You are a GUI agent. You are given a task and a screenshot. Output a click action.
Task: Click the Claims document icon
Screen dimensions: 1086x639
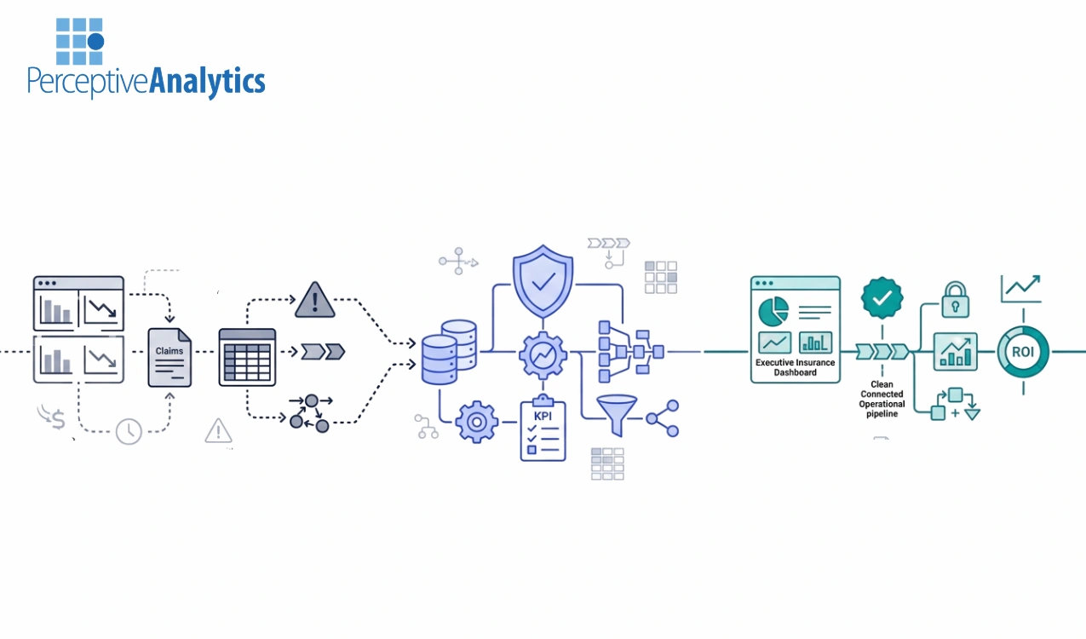click(x=170, y=357)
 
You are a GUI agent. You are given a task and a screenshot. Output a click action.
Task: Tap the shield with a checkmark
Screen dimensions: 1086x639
click(x=543, y=281)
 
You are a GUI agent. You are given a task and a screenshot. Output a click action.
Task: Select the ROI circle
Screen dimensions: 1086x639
click(x=1023, y=352)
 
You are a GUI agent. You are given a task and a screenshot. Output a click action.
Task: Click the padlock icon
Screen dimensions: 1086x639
click(x=955, y=300)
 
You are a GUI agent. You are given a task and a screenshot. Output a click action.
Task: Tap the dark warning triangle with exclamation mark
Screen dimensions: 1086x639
click(x=315, y=300)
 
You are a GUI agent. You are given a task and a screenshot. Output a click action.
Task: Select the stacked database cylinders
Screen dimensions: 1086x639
click(x=449, y=352)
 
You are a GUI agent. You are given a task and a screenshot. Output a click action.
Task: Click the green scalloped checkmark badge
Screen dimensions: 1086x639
click(x=882, y=297)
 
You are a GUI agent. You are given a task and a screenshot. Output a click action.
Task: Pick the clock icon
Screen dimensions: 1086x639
click(x=129, y=431)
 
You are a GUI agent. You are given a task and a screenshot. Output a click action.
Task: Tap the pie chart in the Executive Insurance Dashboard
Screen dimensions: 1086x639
click(x=773, y=311)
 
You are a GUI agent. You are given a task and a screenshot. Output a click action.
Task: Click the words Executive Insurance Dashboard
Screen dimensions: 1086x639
click(x=795, y=367)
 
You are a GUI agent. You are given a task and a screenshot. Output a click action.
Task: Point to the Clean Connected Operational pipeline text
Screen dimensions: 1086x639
click(x=882, y=399)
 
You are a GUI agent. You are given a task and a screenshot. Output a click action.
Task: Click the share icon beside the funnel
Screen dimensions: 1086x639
click(x=663, y=418)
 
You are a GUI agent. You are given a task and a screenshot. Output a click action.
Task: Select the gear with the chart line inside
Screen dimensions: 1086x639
click(x=543, y=355)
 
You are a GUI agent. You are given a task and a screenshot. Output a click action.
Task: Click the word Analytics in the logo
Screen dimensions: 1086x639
click(x=207, y=82)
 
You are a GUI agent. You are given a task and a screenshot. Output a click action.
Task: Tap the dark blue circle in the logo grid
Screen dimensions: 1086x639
click(x=95, y=42)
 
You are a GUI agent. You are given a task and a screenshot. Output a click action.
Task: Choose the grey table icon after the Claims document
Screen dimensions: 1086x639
click(x=247, y=357)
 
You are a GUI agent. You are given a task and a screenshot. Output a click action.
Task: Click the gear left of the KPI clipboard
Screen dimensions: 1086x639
click(x=477, y=422)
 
